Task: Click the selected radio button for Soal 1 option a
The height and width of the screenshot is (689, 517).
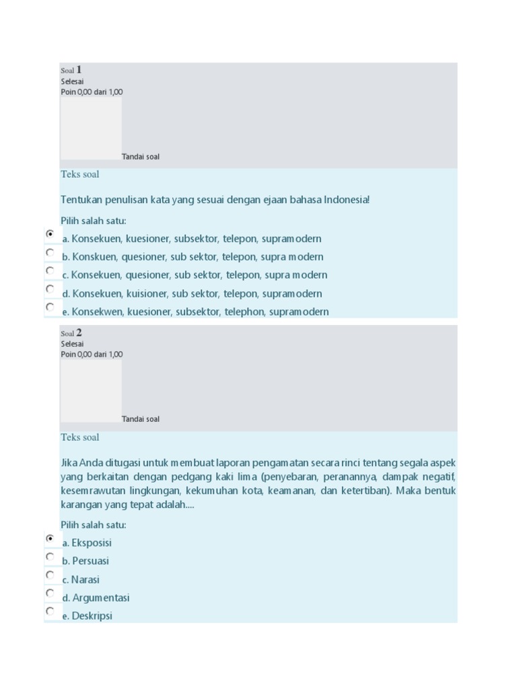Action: (50, 233)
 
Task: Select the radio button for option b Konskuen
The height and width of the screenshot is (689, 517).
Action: (50, 252)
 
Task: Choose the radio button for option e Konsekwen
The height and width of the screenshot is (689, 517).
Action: (50, 306)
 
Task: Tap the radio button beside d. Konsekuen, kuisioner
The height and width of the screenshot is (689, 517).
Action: (50, 288)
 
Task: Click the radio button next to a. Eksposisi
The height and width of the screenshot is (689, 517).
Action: (50, 538)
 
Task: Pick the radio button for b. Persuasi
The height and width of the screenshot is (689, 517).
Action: (50, 556)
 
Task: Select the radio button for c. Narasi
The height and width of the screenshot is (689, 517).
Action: (50, 575)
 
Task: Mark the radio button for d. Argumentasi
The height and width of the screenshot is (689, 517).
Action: (50, 593)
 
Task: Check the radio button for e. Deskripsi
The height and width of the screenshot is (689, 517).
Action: (50, 611)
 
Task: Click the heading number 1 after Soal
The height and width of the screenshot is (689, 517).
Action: (79, 69)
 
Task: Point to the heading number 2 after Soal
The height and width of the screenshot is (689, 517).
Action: (79, 332)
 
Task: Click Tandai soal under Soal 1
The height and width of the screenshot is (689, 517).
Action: (141, 157)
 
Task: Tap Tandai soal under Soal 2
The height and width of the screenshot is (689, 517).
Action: (141, 419)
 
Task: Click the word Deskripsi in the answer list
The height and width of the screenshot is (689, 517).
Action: (92, 616)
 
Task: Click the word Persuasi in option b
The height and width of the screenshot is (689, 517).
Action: (91, 560)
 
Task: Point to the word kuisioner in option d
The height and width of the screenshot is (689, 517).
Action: (147, 293)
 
